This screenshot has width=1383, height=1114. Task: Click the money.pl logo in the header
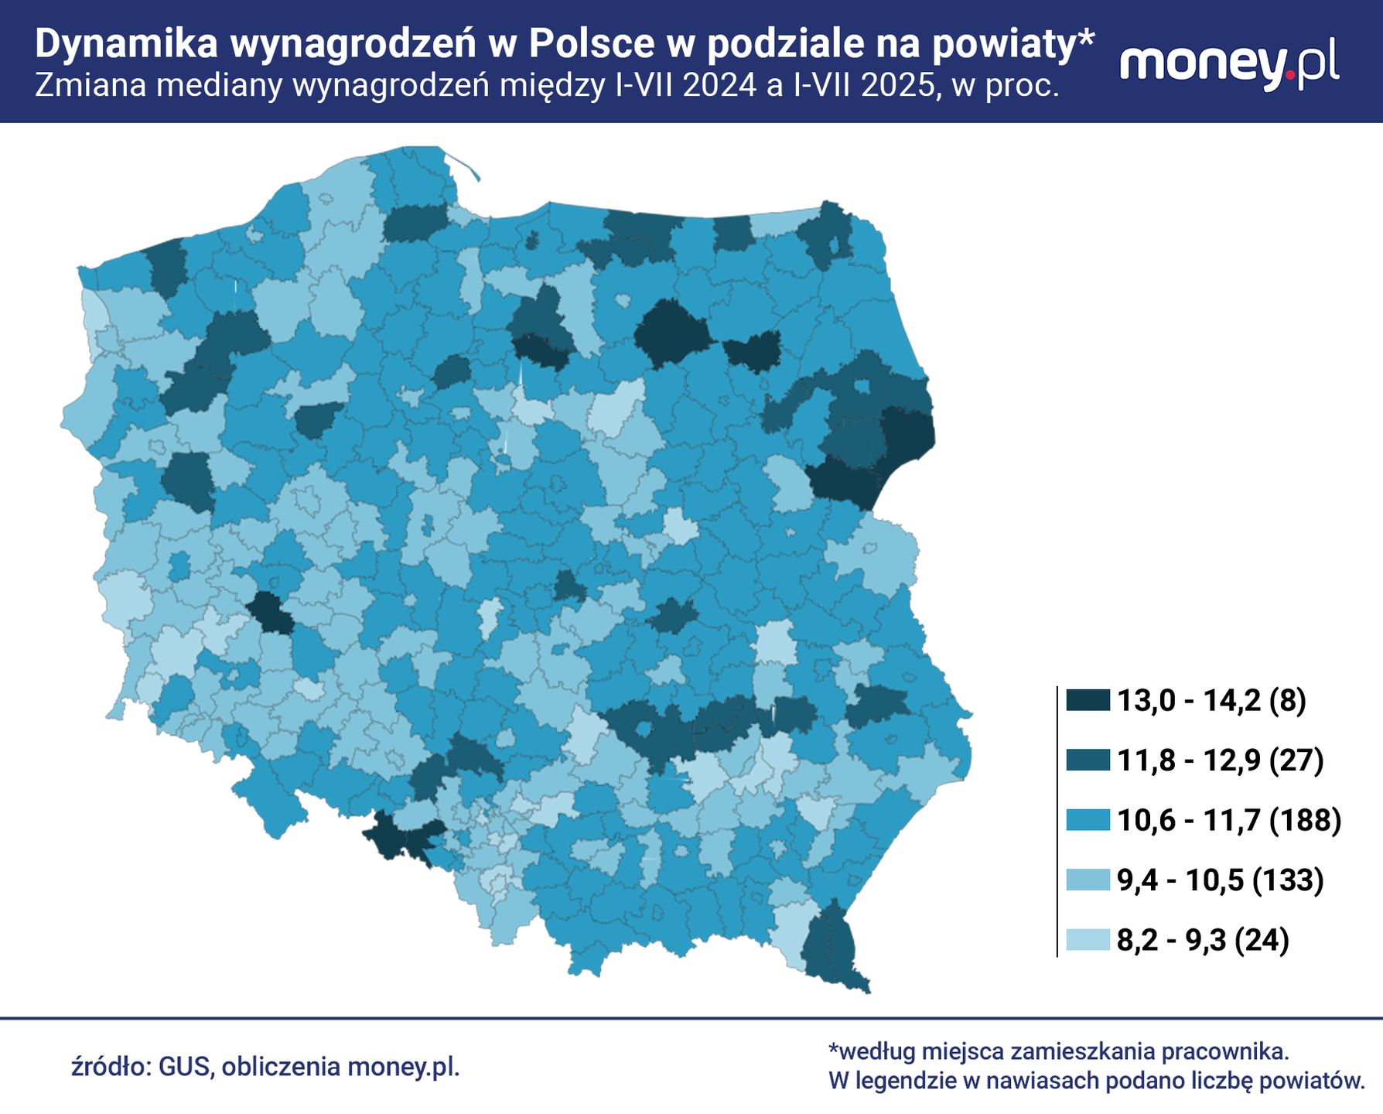pyautogui.click(x=1230, y=64)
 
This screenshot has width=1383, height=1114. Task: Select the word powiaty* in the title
pyautogui.click(x=1013, y=44)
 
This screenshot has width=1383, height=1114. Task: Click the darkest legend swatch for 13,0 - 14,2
pyautogui.click(x=1088, y=701)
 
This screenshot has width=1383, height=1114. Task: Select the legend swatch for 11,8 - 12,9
pyautogui.click(x=1088, y=760)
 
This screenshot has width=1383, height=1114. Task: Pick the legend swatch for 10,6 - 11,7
pyautogui.click(x=1088, y=820)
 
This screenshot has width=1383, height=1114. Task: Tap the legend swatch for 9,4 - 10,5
pyautogui.click(x=1088, y=880)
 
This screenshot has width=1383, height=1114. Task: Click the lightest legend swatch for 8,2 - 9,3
pyautogui.click(x=1088, y=940)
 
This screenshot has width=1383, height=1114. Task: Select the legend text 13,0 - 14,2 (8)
pyautogui.click(x=1211, y=701)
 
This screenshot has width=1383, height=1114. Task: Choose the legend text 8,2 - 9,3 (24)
pyautogui.click(x=1203, y=940)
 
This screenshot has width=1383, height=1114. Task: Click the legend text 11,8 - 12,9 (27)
pyautogui.click(x=1220, y=760)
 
